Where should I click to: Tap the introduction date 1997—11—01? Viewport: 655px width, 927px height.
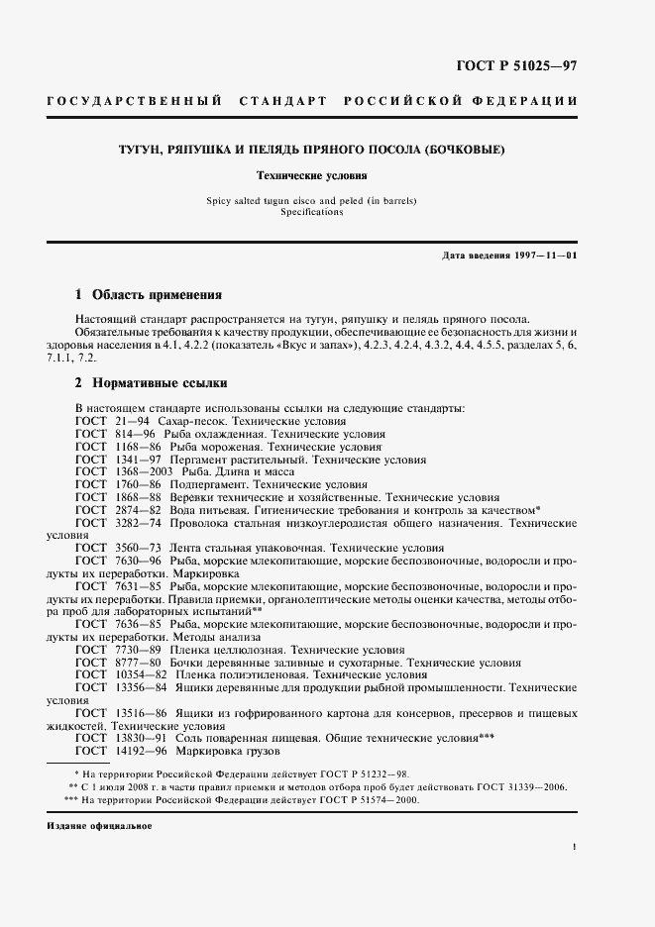(543, 257)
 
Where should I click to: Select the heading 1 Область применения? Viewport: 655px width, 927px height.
(149, 295)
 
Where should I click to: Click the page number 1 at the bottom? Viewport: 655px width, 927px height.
(574, 847)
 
